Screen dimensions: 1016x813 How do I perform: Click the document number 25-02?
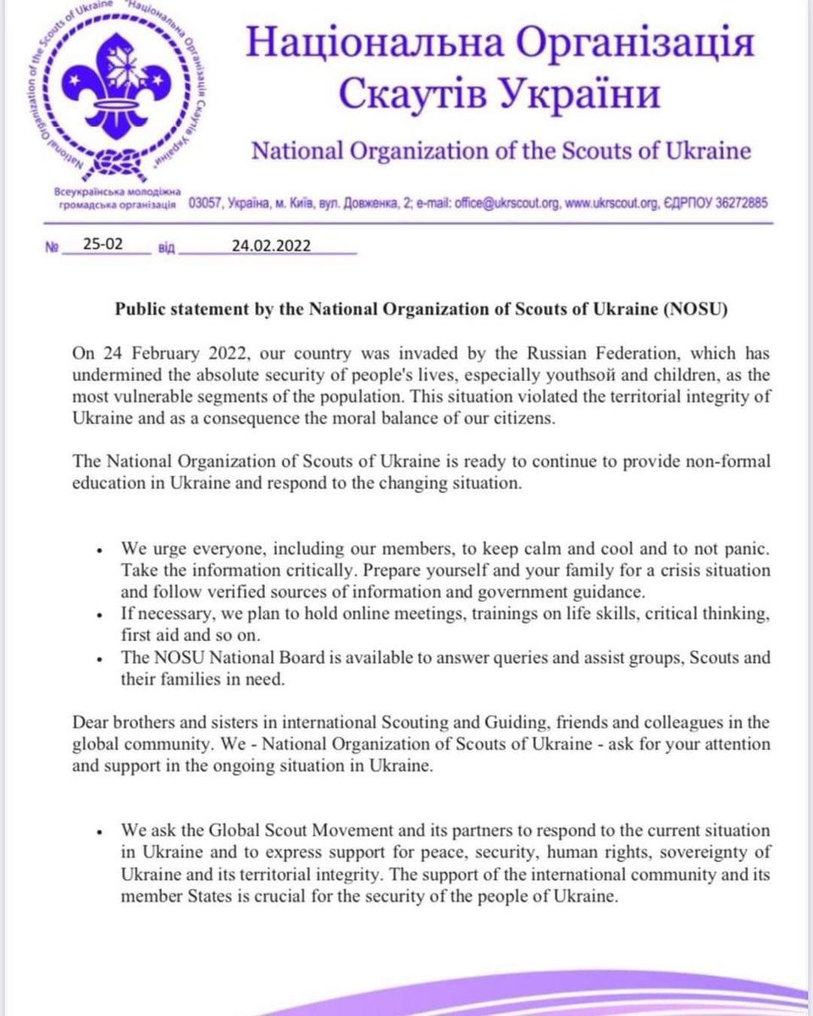coord(103,246)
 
